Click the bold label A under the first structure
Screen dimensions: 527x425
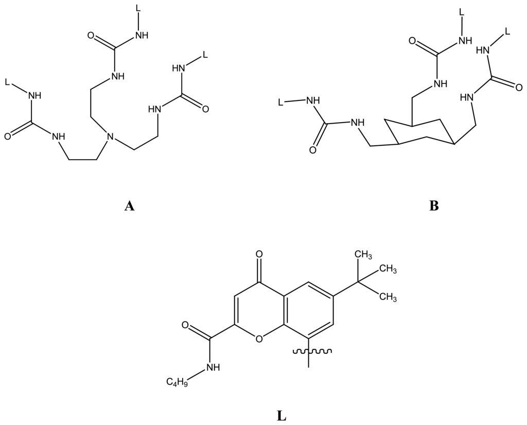(x=129, y=207)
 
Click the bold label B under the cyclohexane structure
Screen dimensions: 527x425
(x=433, y=207)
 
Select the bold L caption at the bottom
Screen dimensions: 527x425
(x=282, y=415)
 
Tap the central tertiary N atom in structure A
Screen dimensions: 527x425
(x=109, y=138)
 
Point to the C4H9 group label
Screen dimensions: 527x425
(x=176, y=382)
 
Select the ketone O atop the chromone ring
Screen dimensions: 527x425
(x=258, y=254)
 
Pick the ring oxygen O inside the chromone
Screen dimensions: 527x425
(x=258, y=338)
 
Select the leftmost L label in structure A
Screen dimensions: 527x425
(x=7, y=82)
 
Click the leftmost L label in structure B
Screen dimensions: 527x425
(x=280, y=103)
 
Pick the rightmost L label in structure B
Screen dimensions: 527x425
(x=507, y=32)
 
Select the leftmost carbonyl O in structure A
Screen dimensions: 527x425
(x=8, y=137)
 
